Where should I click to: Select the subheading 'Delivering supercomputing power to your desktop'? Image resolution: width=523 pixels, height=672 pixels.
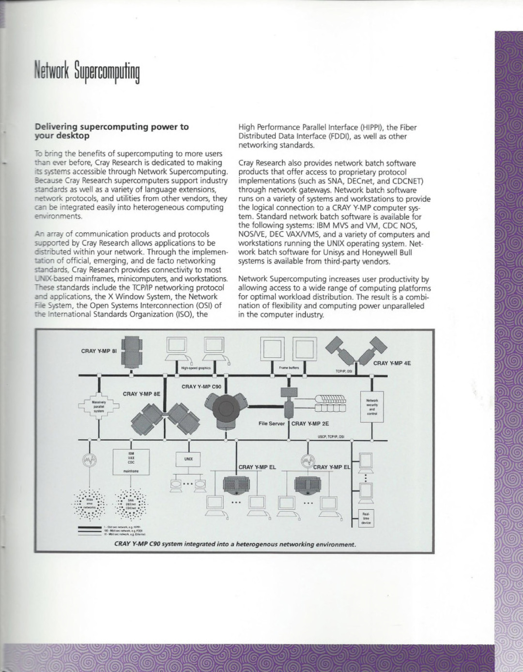click(112, 131)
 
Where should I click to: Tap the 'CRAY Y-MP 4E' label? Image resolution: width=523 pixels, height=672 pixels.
click(392, 362)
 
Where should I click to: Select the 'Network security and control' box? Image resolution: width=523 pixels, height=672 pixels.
click(372, 406)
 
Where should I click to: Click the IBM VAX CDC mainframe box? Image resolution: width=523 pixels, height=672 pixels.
click(131, 462)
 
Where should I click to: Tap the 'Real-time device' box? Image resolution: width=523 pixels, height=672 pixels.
click(366, 517)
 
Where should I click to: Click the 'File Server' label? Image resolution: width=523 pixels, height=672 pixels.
click(270, 423)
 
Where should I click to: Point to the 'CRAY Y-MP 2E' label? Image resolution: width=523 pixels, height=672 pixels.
click(310, 423)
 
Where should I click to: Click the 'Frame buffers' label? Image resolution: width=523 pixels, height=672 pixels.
click(289, 368)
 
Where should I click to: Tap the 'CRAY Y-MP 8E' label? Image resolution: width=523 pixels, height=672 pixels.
click(141, 394)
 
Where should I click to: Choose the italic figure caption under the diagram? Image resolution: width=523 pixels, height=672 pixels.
click(235, 544)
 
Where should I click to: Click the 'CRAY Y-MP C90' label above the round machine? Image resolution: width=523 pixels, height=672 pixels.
click(201, 387)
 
